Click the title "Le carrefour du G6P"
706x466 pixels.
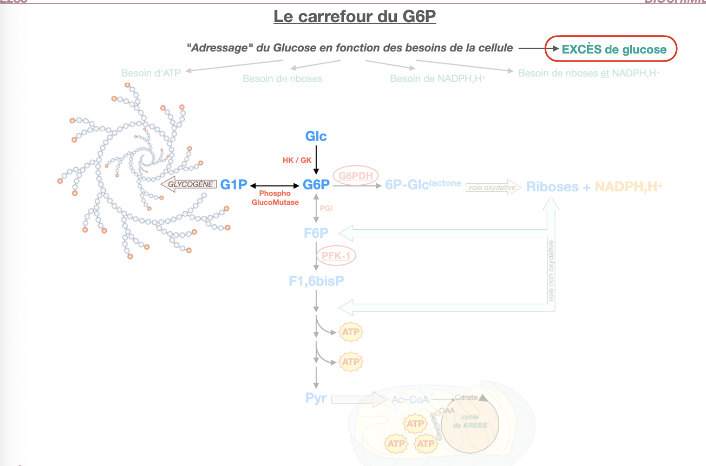click(355, 17)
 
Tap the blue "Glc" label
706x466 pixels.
click(316, 136)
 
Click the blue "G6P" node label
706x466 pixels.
click(316, 185)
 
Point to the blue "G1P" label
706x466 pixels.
click(233, 185)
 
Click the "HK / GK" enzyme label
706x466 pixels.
click(297, 160)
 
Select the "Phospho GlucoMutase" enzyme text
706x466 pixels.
click(275, 198)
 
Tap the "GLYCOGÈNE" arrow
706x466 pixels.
click(189, 184)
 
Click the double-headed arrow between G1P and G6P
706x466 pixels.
click(275, 185)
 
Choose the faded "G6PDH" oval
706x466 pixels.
click(355, 175)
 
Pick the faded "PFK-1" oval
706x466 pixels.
click(336, 256)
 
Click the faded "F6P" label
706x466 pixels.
click(316, 234)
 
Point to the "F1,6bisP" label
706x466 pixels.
click(316, 281)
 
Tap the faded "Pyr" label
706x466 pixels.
click(316, 400)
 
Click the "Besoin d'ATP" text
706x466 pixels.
click(151, 73)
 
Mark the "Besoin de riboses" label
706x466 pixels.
click(282, 78)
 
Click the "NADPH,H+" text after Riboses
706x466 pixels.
click(628, 187)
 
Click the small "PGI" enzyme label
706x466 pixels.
click(326, 207)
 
